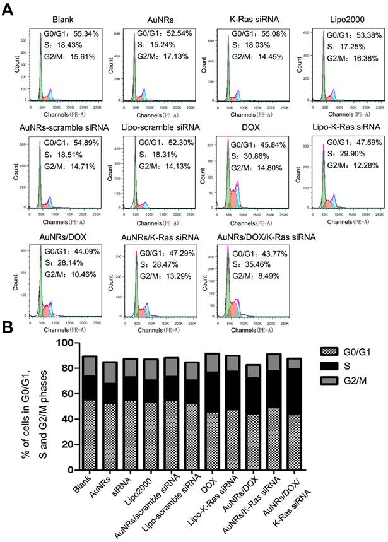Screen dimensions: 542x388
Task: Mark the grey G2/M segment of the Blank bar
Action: click(x=89, y=366)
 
